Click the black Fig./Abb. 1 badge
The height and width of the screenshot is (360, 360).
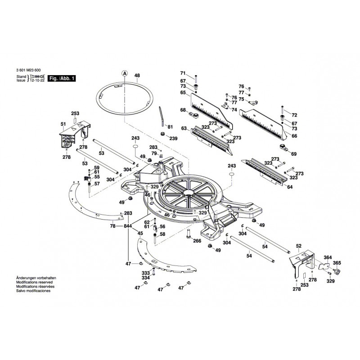(62, 78)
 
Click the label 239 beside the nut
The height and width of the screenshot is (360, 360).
(174, 138)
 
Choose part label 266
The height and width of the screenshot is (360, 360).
(197, 241)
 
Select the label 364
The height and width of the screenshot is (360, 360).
(328, 257)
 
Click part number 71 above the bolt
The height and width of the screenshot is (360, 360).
(183, 73)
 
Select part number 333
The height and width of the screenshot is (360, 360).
(146, 273)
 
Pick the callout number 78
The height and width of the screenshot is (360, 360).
(113, 226)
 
